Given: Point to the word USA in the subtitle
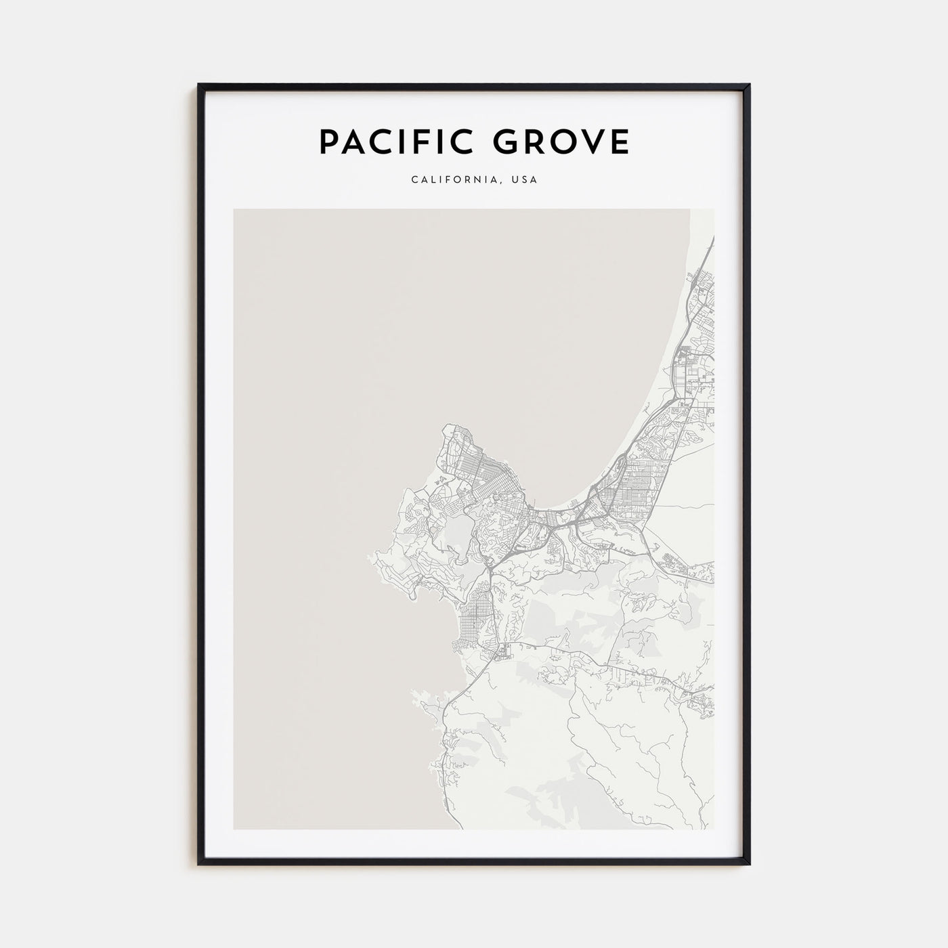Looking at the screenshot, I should (525, 180).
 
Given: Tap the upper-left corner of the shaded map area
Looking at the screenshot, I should (234, 209).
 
